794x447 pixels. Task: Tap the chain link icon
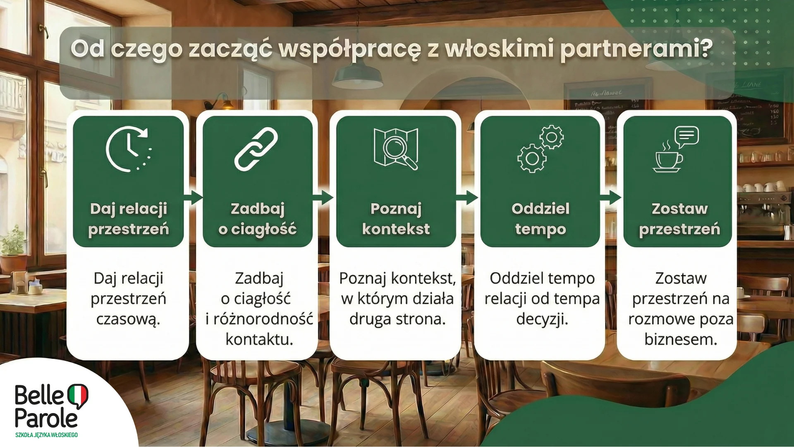tap(256, 149)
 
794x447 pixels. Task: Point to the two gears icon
tap(540, 149)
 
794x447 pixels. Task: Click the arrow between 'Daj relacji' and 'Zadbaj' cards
tap(193, 197)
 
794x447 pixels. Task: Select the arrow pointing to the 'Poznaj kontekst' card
tap(323, 197)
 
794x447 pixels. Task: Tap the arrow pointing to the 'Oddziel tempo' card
tap(468, 197)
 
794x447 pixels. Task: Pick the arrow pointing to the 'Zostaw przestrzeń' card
tap(611, 197)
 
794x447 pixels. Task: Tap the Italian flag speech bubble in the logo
tap(77, 395)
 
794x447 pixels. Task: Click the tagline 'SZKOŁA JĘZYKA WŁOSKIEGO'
tap(46, 435)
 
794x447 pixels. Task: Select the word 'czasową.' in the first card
tap(128, 320)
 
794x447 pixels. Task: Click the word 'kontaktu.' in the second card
tap(259, 339)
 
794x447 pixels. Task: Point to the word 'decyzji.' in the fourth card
tap(542, 320)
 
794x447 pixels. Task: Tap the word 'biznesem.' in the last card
tap(681, 339)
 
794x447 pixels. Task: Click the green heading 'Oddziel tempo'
tap(540, 219)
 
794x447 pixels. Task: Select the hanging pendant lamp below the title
tap(358, 79)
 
